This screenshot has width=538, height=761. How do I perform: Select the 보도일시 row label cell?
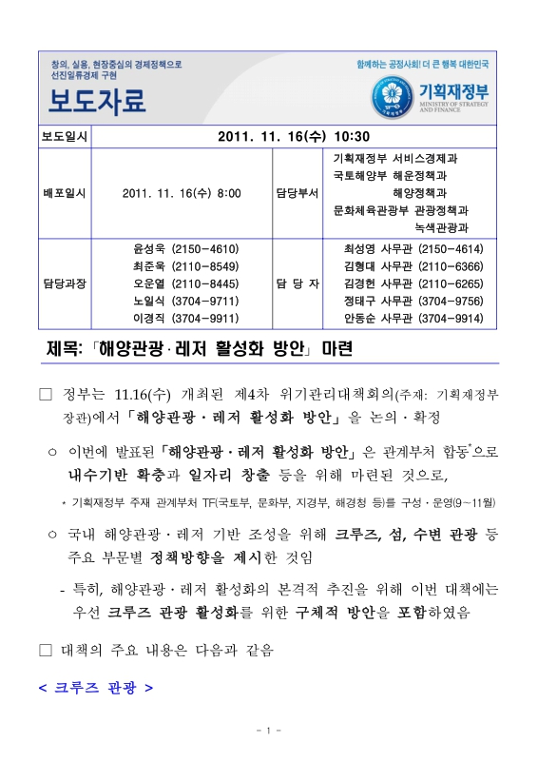[x=64, y=136]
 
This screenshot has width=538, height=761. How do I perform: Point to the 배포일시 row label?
[x=64, y=193]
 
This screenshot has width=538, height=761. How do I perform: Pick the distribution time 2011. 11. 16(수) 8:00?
[x=182, y=193]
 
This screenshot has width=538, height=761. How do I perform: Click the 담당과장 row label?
[x=64, y=283]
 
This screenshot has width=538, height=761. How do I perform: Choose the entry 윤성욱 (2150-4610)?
[x=184, y=248]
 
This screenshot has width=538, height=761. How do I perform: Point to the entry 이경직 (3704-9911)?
[x=184, y=318]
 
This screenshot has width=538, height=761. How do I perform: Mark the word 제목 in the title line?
[x=66, y=349]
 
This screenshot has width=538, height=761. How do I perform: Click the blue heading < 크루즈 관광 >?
[x=96, y=686]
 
